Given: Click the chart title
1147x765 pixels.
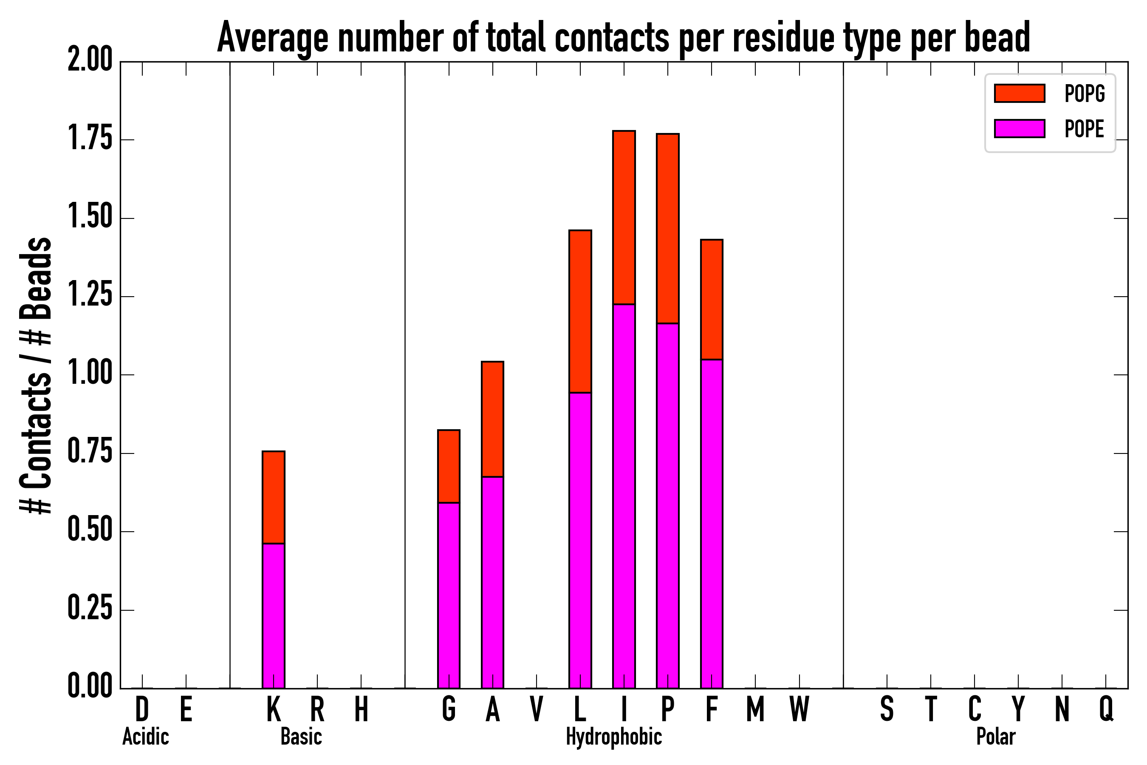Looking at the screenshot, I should pos(623,38).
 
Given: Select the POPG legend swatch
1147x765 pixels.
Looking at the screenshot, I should pos(1019,93).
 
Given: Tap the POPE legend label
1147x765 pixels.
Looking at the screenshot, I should pos(1084,129).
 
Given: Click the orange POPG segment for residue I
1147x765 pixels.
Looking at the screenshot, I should pos(624,218).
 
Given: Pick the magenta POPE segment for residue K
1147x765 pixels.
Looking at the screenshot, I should pos(273,616).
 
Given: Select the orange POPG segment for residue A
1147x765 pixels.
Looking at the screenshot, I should pos(492,419).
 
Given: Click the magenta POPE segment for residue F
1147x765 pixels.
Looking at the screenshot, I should pos(712,524).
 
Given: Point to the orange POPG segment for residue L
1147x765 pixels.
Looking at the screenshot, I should pos(580,311).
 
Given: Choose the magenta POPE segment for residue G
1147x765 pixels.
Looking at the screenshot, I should pos(448,595).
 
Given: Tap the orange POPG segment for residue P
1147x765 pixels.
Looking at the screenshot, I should pos(668,228).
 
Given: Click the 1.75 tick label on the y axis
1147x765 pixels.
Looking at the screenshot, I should pos(90,139).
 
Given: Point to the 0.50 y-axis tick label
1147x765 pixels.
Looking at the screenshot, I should pos(90,531).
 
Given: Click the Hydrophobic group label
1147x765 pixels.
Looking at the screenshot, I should pos(613,737).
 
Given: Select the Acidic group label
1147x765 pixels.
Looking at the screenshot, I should pos(145,737).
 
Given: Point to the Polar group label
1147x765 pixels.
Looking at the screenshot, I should pos(996,737).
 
